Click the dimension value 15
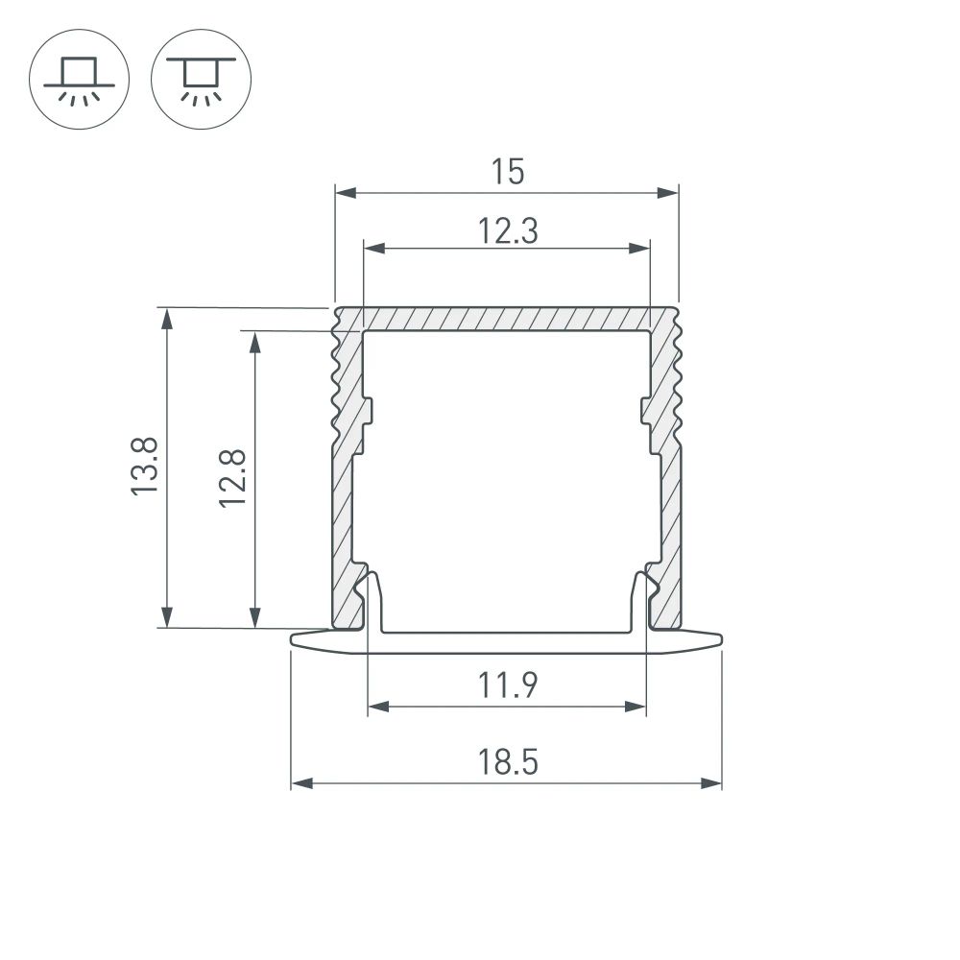(x=507, y=172)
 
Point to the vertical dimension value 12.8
(x=232, y=477)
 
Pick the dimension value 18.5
(x=507, y=763)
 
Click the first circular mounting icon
(x=80, y=79)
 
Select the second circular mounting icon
(x=202, y=79)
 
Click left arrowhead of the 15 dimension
(x=344, y=193)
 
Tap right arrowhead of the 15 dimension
(x=669, y=193)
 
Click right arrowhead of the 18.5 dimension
(x=712, y=783)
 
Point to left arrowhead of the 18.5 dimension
(x=300, y=783)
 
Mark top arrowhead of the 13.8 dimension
(x=168, y=317)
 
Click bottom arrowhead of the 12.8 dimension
(x=255, y=619)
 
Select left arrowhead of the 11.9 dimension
(x=377, y=707)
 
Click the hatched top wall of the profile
(x=507, y=319)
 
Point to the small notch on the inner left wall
(x=369, y=411)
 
